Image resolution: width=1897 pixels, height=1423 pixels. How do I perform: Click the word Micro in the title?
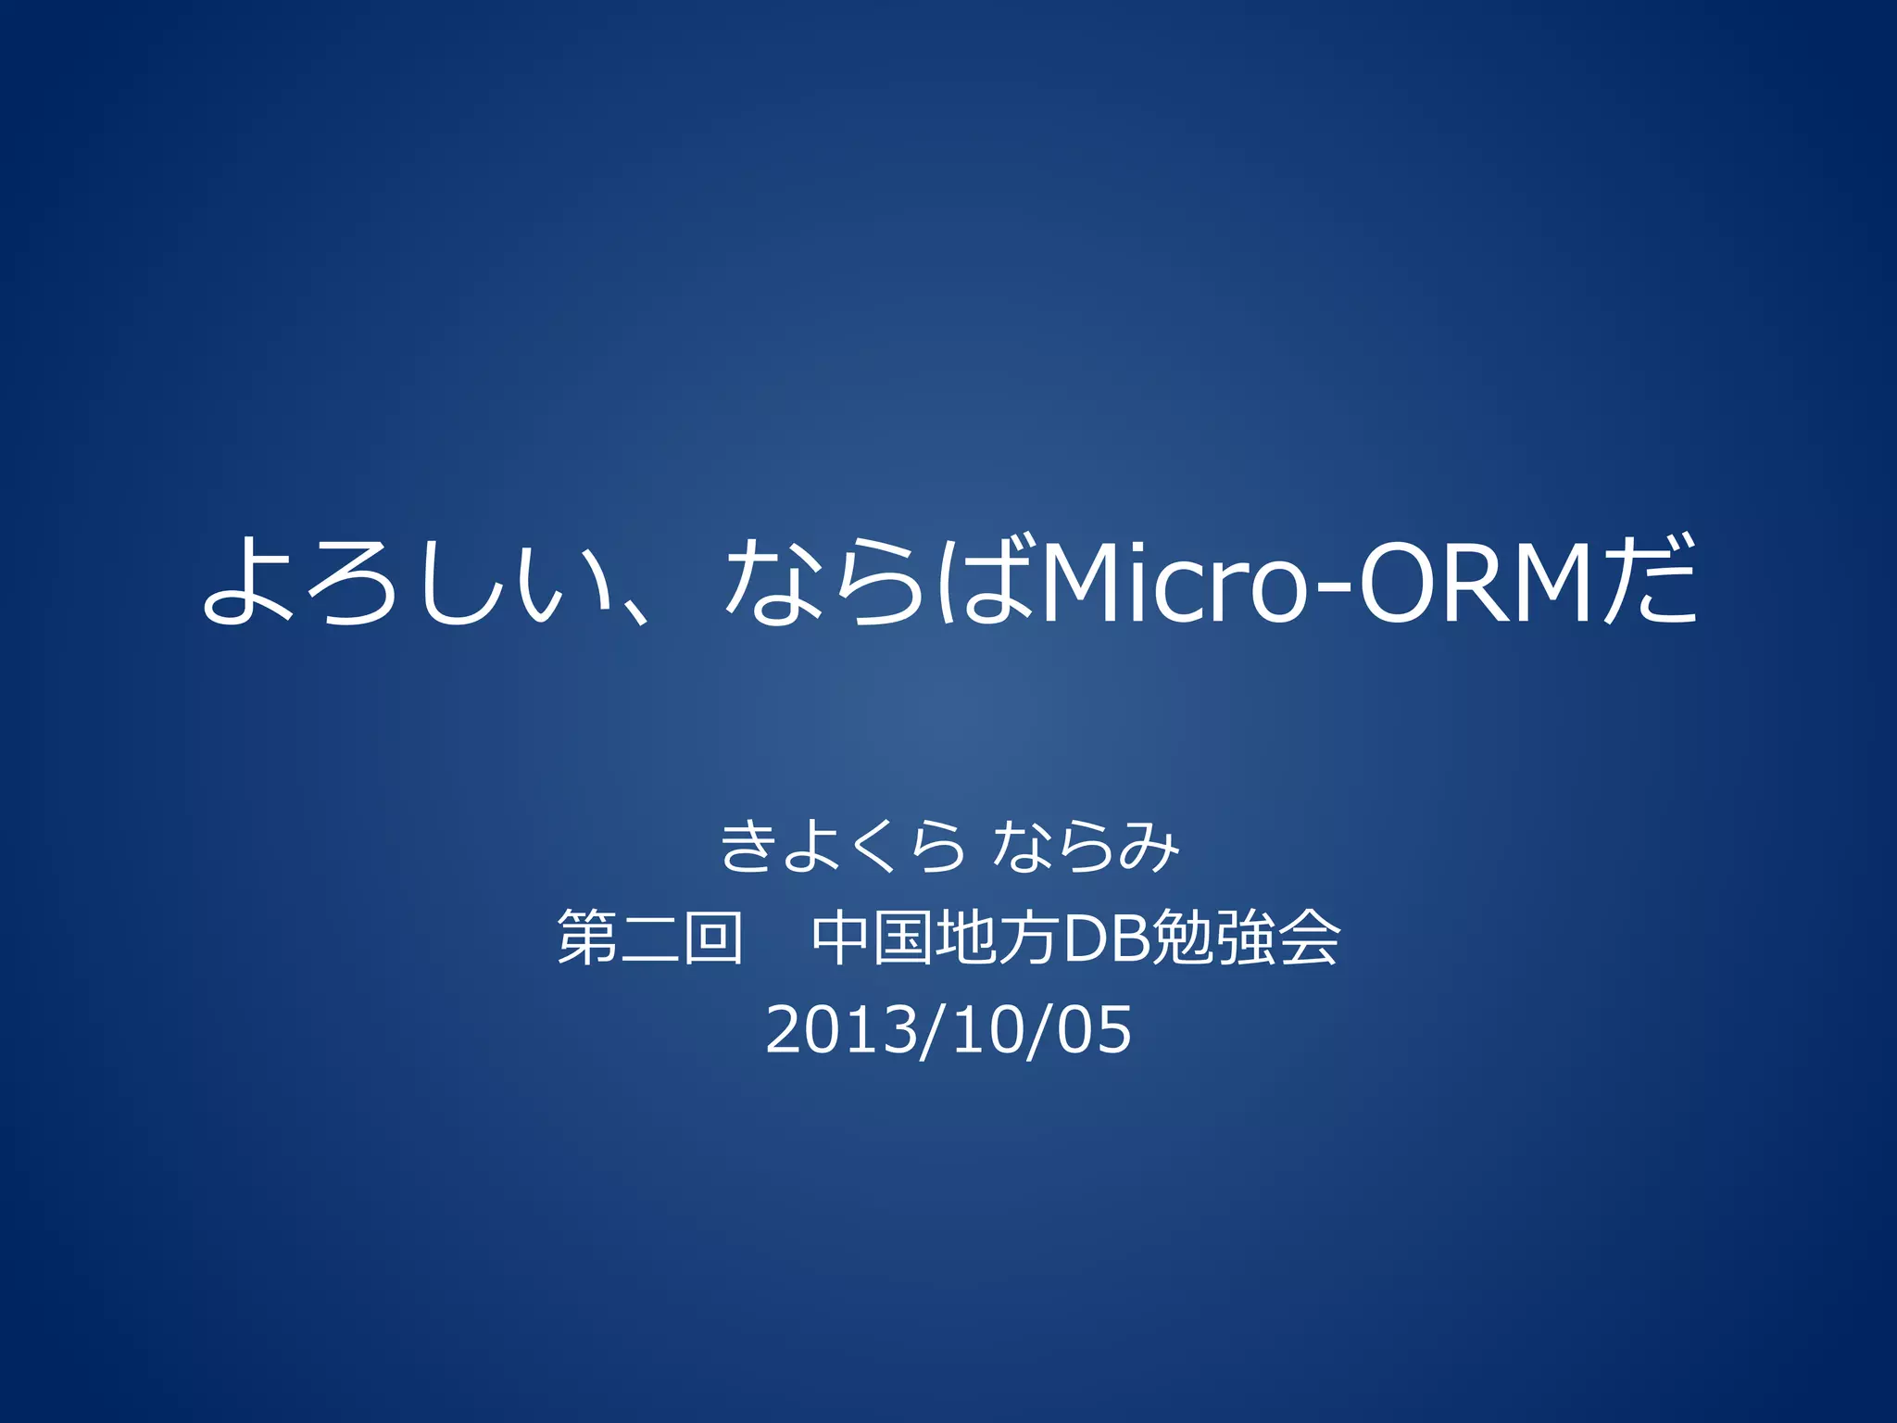tap(1173, 582)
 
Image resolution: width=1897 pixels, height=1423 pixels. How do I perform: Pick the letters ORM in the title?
tap(1476, 582)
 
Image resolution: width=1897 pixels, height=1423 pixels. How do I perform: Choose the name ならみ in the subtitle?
tap(1086, 847)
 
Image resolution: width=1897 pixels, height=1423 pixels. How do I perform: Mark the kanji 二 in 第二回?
tap(650, 939)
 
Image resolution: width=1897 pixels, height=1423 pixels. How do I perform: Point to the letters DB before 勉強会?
tap(1108, 938)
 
